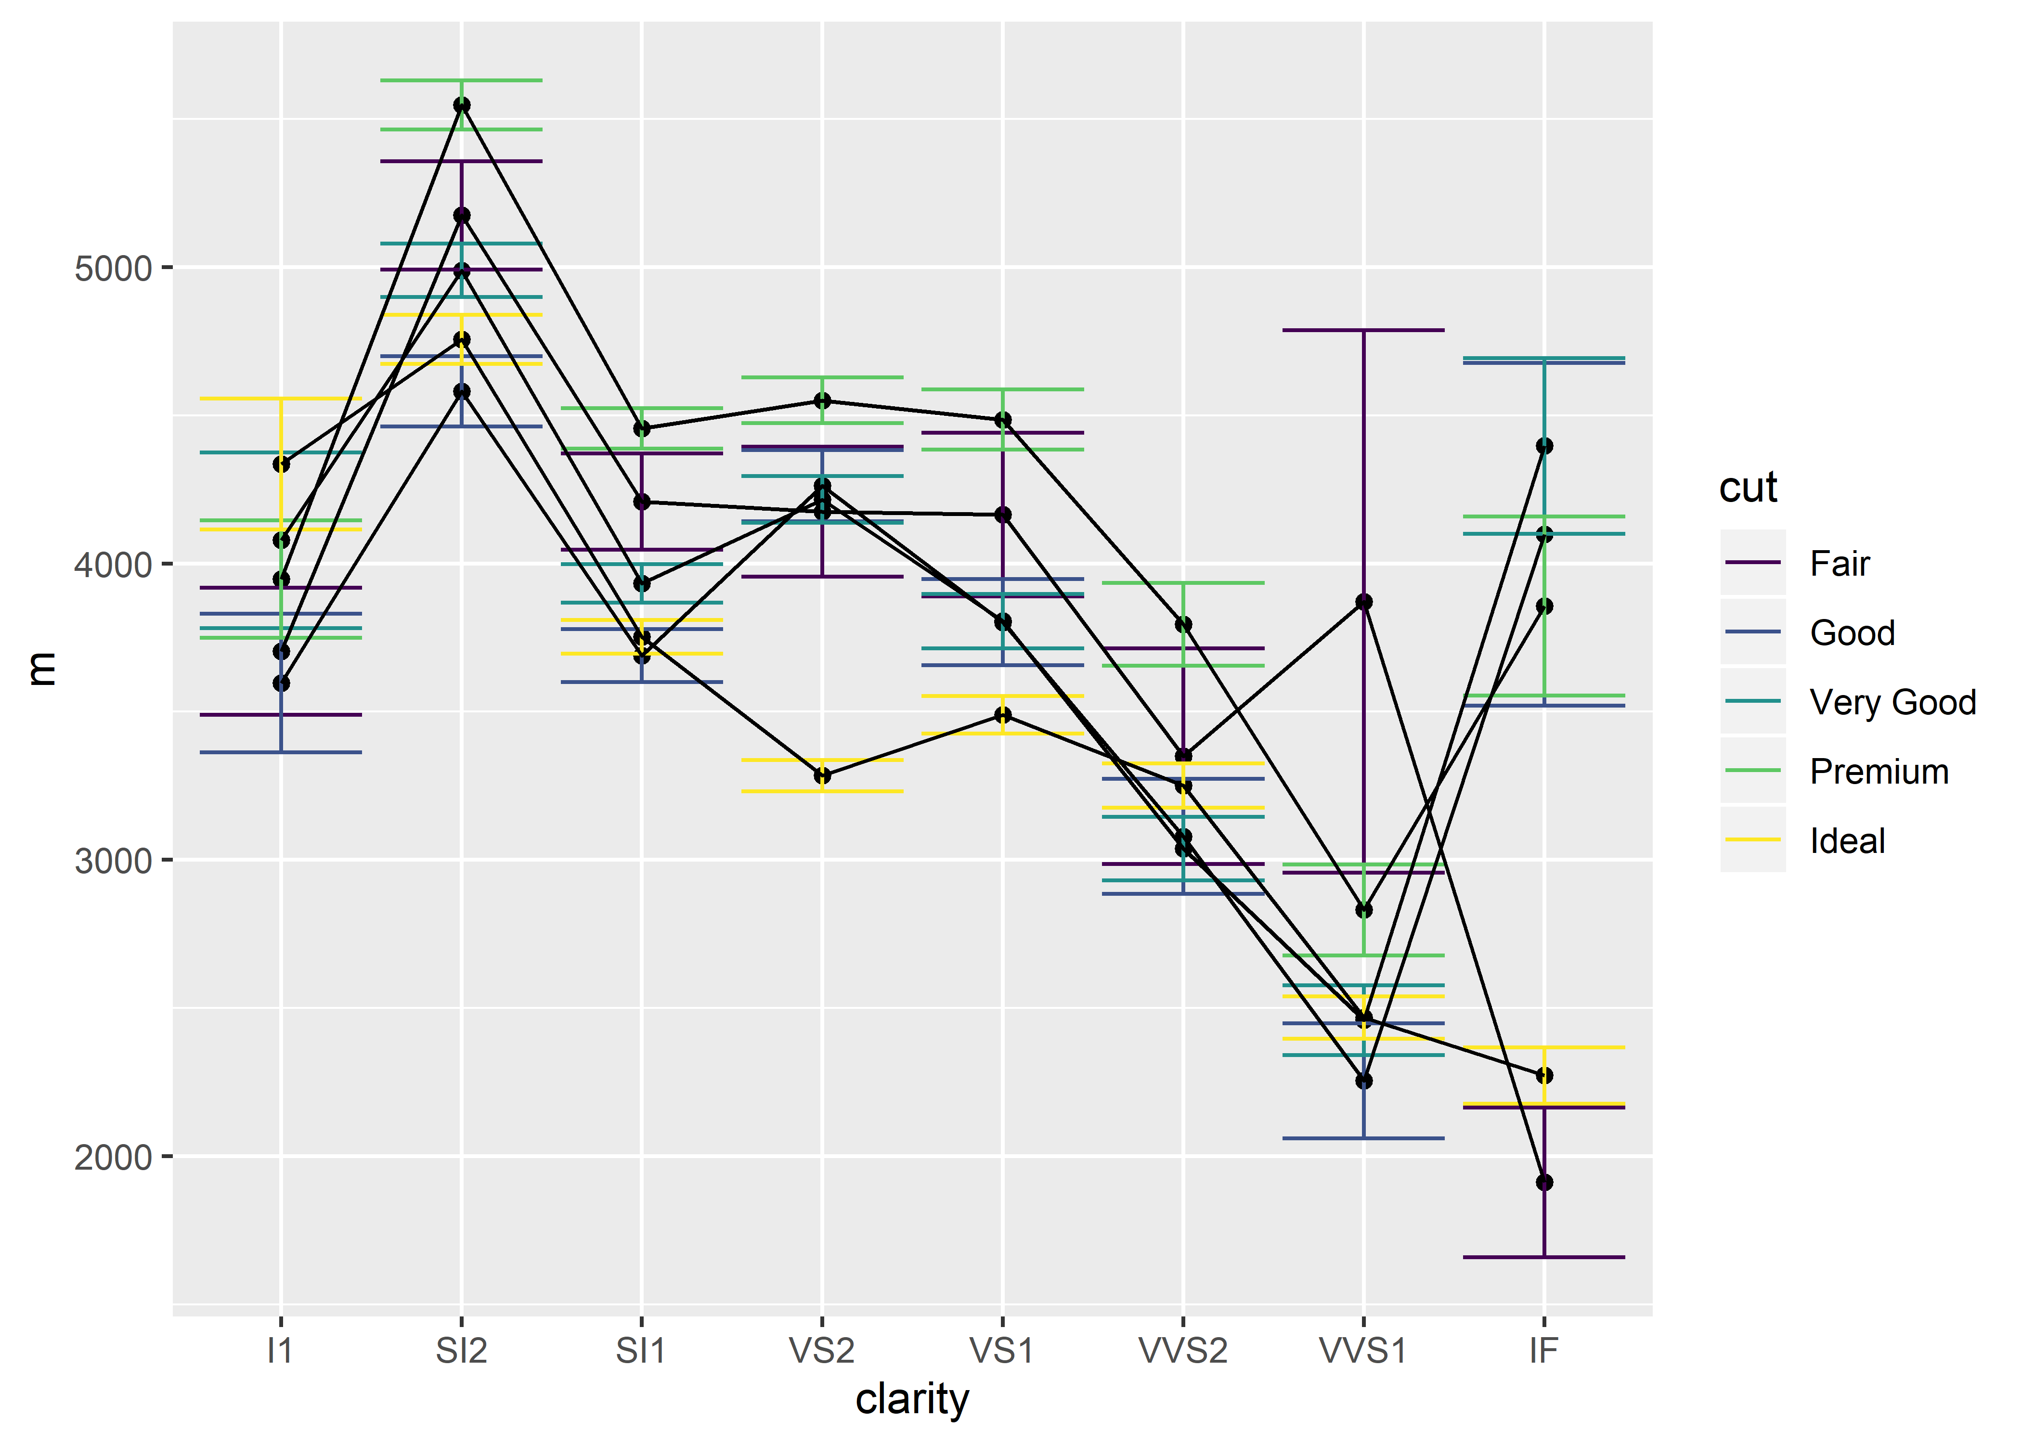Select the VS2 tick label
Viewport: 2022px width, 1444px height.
point(822,1352)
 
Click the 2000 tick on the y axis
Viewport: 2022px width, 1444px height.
point(113,1158)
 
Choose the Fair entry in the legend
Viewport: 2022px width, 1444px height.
point(1839,564)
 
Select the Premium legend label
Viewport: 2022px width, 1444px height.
point(1879,772)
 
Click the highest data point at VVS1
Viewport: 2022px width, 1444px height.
point(1364,602)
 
